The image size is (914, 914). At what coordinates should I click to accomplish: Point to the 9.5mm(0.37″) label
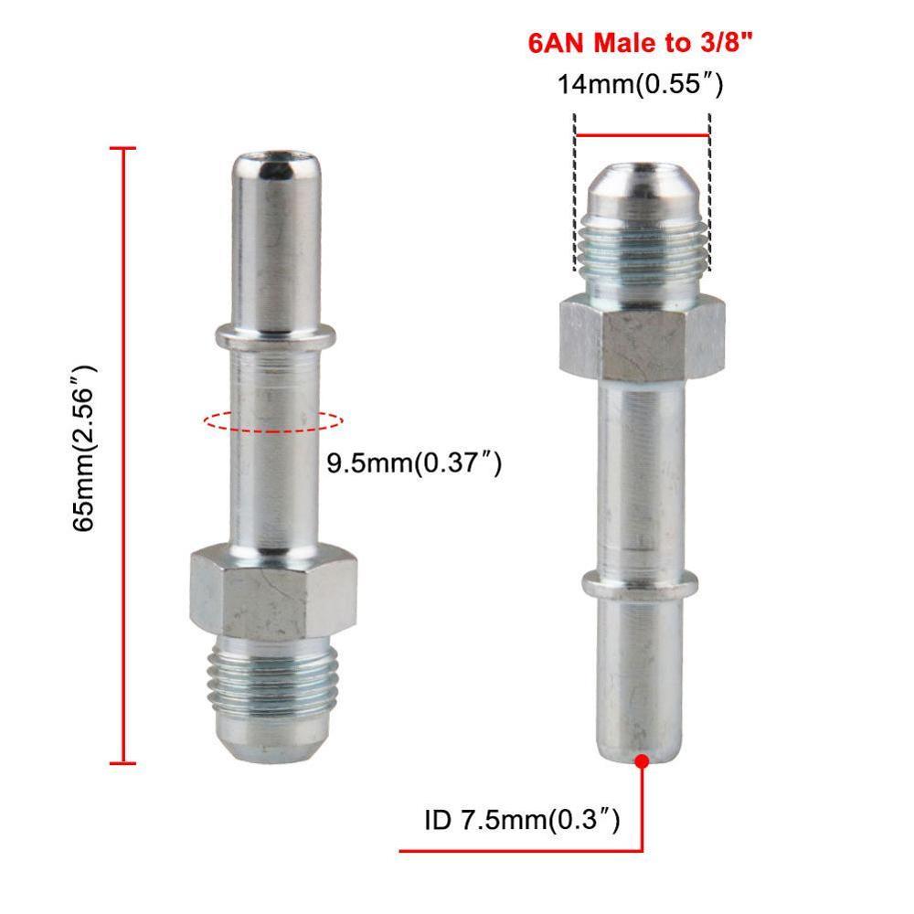pos(414,463)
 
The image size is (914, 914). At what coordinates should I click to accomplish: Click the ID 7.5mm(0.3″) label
pos(522,820)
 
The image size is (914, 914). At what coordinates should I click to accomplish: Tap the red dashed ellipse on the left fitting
pos(272,421)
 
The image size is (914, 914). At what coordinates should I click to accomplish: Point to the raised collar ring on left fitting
pos(271,336)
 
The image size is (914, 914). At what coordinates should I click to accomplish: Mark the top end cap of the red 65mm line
pos(122,148)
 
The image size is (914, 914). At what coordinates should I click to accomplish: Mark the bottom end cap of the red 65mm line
pos(122,762)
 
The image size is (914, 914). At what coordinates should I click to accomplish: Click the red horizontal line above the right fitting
pos(642,135)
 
